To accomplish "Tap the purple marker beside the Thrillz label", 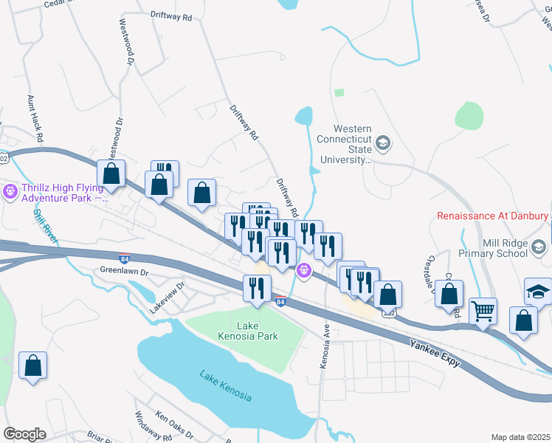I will pyautogui.click(x=10, y=193).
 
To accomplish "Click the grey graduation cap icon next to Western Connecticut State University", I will pyautogui.click(x=383, y=142).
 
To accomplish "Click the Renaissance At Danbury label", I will pyautogui.click(x=492, y=217).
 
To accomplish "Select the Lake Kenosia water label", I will pyautogui.click(x=225, y=385).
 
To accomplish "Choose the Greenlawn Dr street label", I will pyautogui.click(x=124, y=272).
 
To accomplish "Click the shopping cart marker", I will pyautogui.click(x=483, y=310).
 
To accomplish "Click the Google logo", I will pyautogui.click(x=24, y=434).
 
